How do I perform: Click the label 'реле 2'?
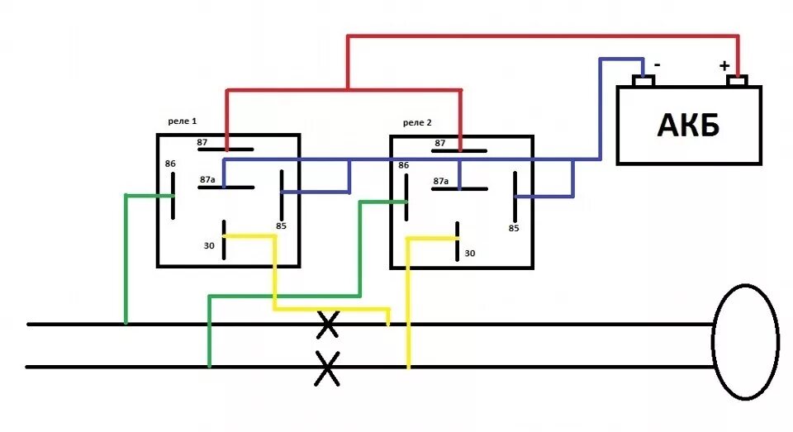tap(417, 122)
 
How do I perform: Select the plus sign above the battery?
tap(724, 65)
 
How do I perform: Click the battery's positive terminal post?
tap(737, 81)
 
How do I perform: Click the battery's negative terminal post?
tap(643, 81)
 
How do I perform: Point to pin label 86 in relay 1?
tap(170, 164)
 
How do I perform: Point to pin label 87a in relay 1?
tap(207, 178)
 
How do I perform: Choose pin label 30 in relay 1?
tap(209, 245)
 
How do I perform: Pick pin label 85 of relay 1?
tap(281, 225)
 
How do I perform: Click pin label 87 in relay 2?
tap(440, 143)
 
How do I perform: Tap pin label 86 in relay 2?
tap(404, 165)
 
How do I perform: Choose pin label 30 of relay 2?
tap(470, 254)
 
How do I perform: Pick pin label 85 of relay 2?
tap(514, 228)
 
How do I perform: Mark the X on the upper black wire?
tap(328, 325)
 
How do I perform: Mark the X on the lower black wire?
tap(328, 368)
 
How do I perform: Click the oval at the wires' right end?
tap(745, 342)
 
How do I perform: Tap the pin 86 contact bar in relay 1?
tap(173, 196)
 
